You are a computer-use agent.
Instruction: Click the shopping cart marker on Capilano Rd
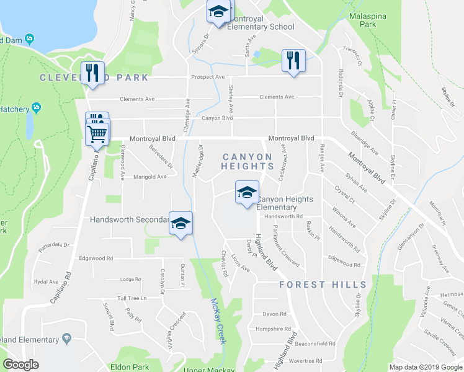[98, 133]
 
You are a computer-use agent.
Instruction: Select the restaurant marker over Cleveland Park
[92, 73]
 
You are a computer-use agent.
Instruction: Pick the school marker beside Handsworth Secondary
[181, 224]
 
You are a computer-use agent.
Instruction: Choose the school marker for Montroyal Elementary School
[218, 12]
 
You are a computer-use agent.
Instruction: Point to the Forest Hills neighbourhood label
[323, 285]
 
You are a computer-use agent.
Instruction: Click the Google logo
[21, 365]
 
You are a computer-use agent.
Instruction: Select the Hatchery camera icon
[37, 108]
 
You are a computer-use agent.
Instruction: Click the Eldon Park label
[127, 367]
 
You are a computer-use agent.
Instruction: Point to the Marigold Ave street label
[148, 176]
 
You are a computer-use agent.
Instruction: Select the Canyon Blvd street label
[216, 118]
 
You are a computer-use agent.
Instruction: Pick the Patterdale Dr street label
[54, 245]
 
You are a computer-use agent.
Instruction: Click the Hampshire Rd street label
[273, 329]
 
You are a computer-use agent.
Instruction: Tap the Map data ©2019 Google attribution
[426, 367]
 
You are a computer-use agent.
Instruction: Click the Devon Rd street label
[274, 314]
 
